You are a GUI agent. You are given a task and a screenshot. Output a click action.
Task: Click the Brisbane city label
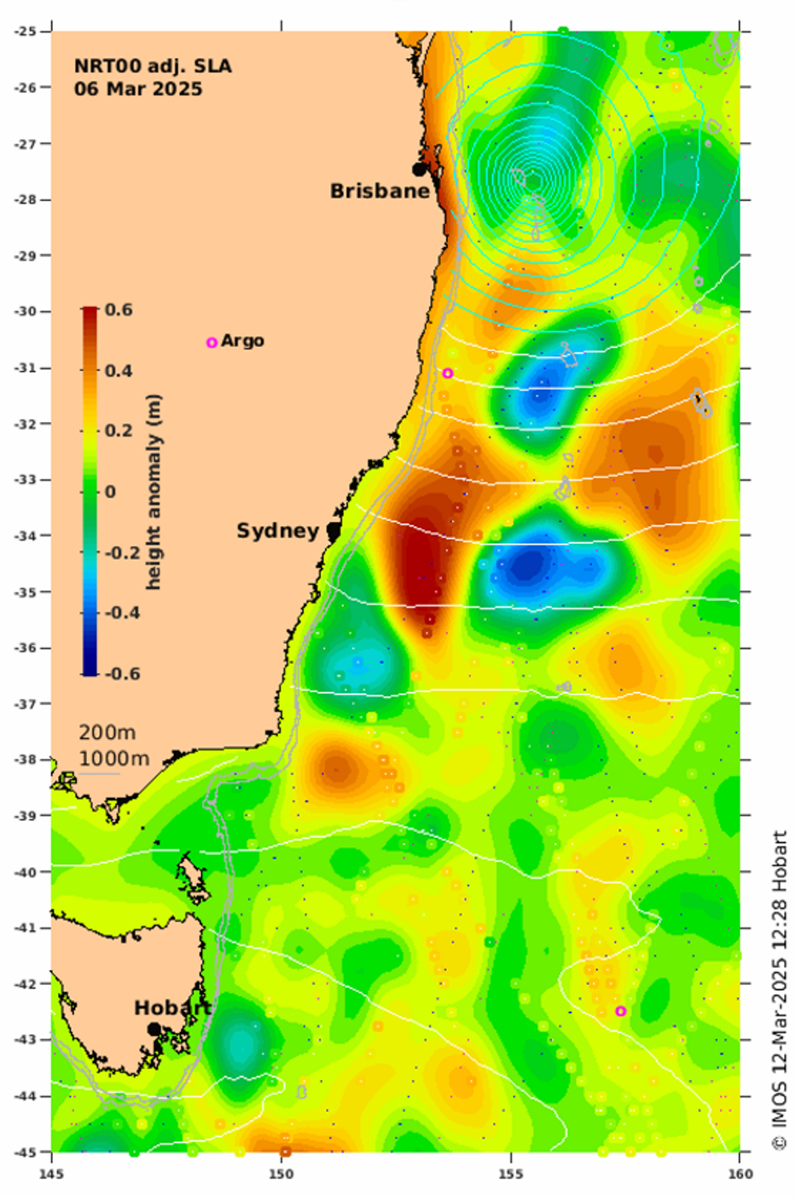[380, 191]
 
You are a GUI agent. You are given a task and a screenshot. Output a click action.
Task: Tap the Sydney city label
[277, 531]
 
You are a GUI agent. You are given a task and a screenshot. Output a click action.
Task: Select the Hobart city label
[172, 1008]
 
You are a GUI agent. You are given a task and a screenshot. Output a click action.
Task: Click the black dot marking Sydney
[334, 530]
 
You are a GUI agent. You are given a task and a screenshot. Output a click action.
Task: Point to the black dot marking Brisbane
[419, 170]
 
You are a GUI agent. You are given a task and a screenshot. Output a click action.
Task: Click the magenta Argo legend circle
[212, 343]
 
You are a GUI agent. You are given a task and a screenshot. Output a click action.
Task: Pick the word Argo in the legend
[242, 341]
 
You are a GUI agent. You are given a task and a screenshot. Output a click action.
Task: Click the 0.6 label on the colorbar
[119, 309]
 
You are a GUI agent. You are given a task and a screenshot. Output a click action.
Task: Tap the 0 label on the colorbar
[110, 492]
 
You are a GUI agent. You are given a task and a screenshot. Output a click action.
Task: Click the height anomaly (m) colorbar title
[154, 492]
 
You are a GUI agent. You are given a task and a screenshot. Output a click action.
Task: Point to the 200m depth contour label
[107, 732]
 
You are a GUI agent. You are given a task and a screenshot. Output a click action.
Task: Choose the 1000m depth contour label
[113, 758]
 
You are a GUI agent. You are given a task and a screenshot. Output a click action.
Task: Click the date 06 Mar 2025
[138, 89]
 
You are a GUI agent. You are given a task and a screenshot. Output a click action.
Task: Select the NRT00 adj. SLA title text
[152, 66]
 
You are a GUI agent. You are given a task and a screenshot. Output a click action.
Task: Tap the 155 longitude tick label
[511, 1174]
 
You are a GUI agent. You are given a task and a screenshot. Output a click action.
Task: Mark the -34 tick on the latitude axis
[25, 535]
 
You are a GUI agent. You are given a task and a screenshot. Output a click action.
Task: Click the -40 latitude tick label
[25, 872]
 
